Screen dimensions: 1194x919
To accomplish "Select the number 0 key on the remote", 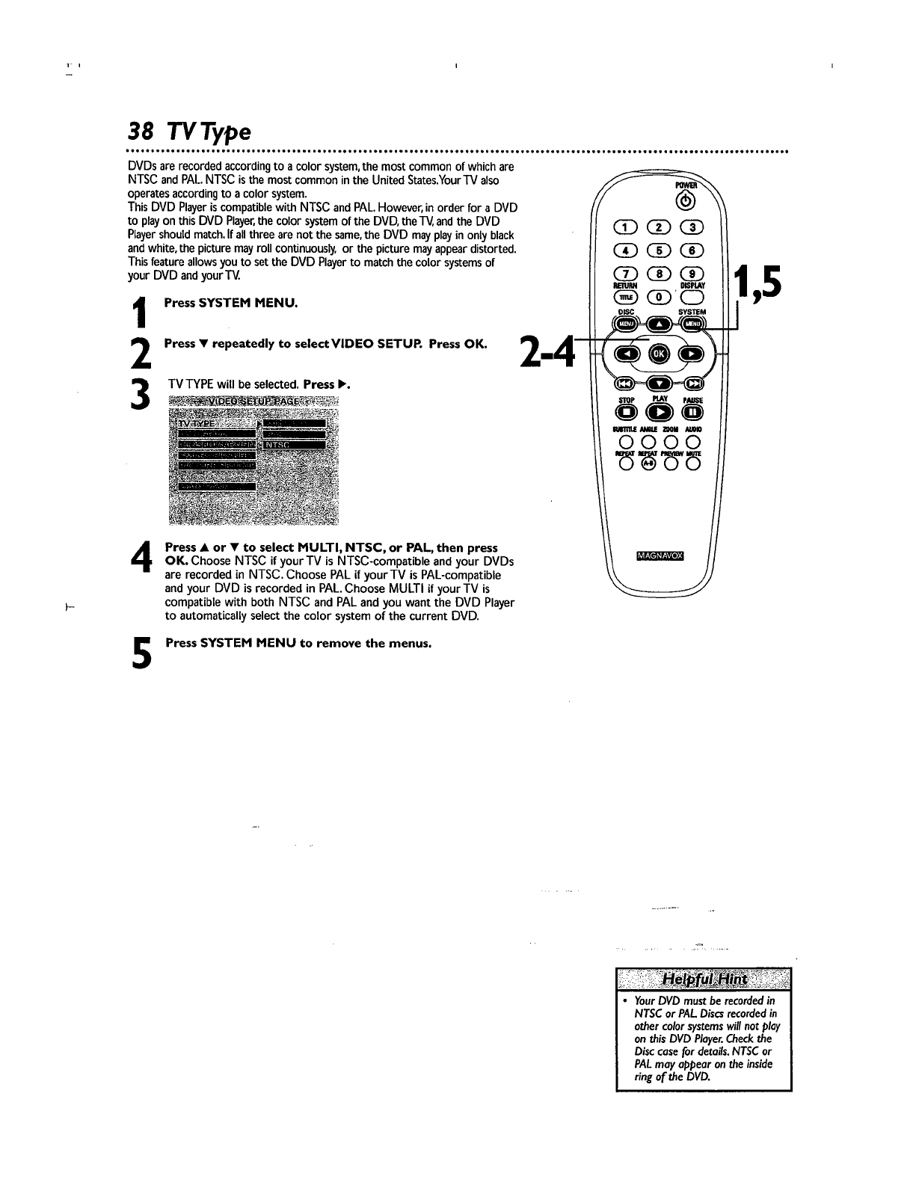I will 658,296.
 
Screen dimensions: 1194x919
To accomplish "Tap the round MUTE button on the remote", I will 693,464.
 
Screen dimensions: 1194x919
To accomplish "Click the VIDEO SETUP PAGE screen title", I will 254,401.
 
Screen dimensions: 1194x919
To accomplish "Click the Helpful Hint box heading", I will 703,979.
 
